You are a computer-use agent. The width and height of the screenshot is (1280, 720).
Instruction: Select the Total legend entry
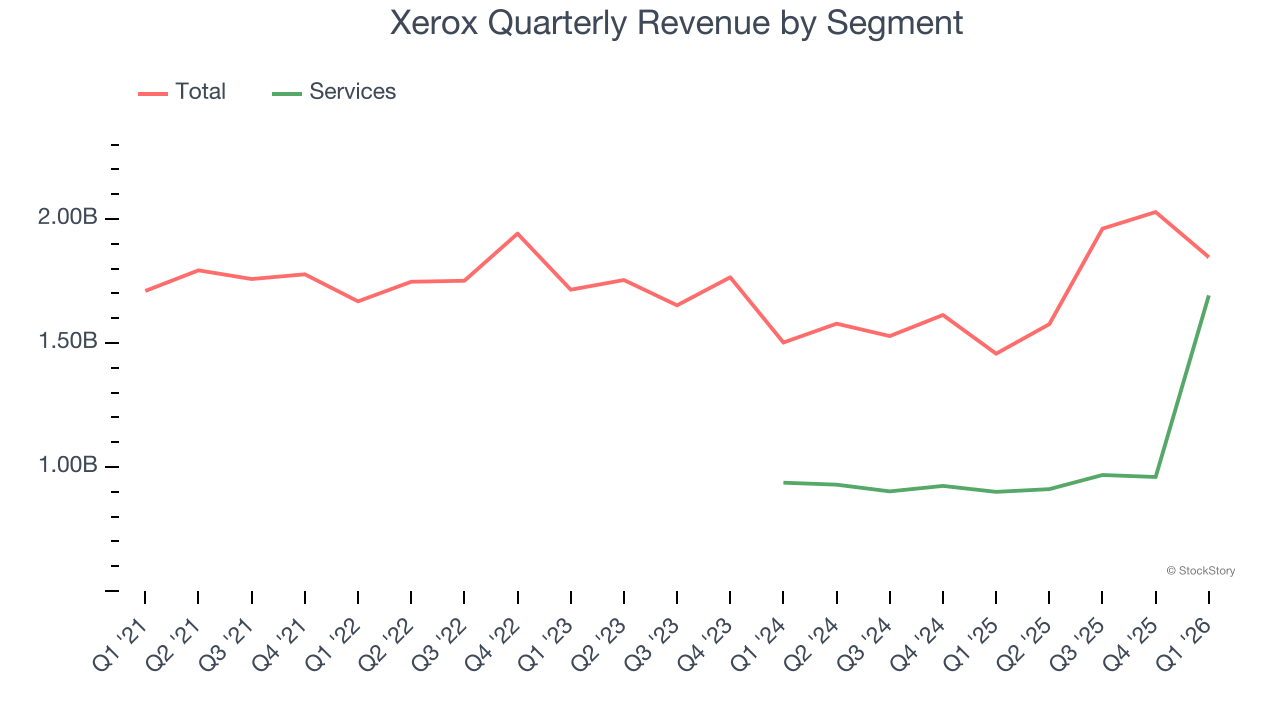tap(200, 92)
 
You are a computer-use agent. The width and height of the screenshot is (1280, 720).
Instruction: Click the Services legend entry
tap(352, 92)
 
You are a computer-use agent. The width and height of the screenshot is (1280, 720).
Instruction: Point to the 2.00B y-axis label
tap(69, 218)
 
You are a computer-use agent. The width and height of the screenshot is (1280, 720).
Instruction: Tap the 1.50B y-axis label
tap(69, 342)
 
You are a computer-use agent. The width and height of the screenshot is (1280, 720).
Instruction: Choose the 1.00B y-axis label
tap(69, 466)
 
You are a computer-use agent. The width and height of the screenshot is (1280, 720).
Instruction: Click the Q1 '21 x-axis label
tap(120, 645)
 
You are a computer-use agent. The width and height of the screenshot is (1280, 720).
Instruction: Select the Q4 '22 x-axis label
tap(493, 645)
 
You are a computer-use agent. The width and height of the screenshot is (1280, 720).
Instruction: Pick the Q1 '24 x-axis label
tap(759, 645)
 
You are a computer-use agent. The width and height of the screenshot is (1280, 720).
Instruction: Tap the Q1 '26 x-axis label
tap(1185, 645)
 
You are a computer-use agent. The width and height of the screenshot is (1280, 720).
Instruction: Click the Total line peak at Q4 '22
tap(517, 233)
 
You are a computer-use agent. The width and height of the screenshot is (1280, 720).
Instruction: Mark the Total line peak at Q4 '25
tap(1155, 212)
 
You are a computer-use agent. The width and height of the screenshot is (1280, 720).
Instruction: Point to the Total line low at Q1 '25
tap(996, 353)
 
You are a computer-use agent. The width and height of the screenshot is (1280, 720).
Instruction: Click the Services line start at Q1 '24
tap(784, 482)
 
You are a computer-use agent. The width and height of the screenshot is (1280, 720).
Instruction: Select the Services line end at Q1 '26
tap(1208, 296)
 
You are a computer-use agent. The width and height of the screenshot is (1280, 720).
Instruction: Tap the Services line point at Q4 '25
tap(1155, 477)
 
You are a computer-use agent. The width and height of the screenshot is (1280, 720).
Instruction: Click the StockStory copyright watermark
tap(1200, 571)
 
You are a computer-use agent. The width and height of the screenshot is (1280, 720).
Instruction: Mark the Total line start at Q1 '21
tap(146, 290)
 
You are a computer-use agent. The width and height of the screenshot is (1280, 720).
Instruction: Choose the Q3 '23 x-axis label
tap(653, 645)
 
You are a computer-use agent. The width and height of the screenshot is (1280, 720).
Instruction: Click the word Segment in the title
tap(894, 22)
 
